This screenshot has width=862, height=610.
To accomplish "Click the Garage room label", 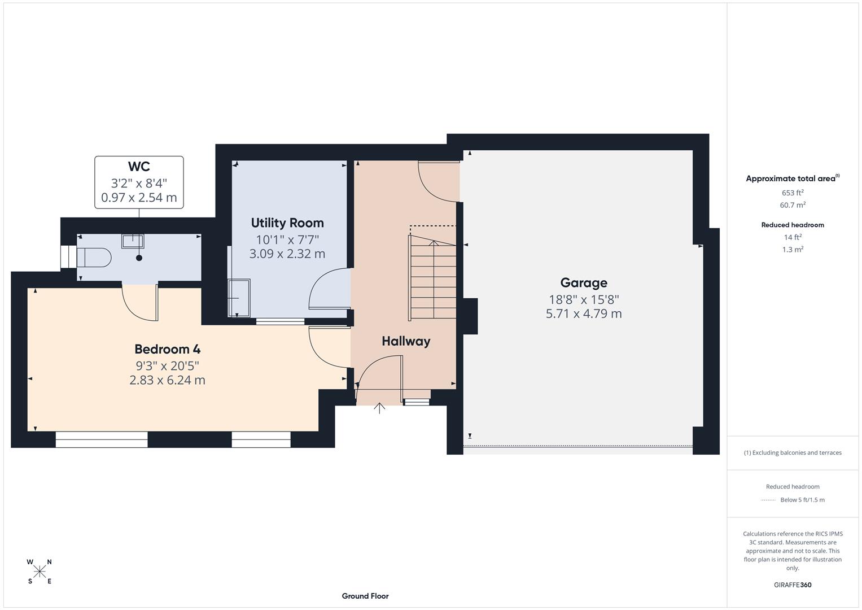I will (x=584, y=282).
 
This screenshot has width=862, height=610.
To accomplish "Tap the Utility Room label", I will (x=287, y=223).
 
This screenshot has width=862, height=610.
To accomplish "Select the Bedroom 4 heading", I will (x=167, y=349).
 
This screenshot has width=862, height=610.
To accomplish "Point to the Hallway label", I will (x=406, y=341).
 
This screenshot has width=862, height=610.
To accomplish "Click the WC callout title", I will (x=139, y=167).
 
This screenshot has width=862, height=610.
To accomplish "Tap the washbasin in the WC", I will (x=133, y=241).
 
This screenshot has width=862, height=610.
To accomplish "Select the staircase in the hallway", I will (x=433, y=279).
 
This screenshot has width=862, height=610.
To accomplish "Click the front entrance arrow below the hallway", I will (x=379, y=408).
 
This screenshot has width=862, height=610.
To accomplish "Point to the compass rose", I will (x=40, y=572).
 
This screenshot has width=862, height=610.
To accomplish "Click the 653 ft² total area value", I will (x=793, y=193).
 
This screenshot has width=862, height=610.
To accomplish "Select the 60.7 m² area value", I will (x=793, y=205).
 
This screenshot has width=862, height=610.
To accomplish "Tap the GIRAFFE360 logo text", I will (x=793, y=585).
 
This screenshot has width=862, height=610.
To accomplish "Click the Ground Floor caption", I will (x=365, y=596).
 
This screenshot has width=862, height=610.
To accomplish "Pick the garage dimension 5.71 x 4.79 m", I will (x=584, y=313).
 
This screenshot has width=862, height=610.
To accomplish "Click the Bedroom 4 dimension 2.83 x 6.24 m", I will (x=167, y=380).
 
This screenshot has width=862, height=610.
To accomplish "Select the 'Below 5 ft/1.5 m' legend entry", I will (x=802, y=500).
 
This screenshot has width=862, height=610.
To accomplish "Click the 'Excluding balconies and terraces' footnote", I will (x=793, y=452).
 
